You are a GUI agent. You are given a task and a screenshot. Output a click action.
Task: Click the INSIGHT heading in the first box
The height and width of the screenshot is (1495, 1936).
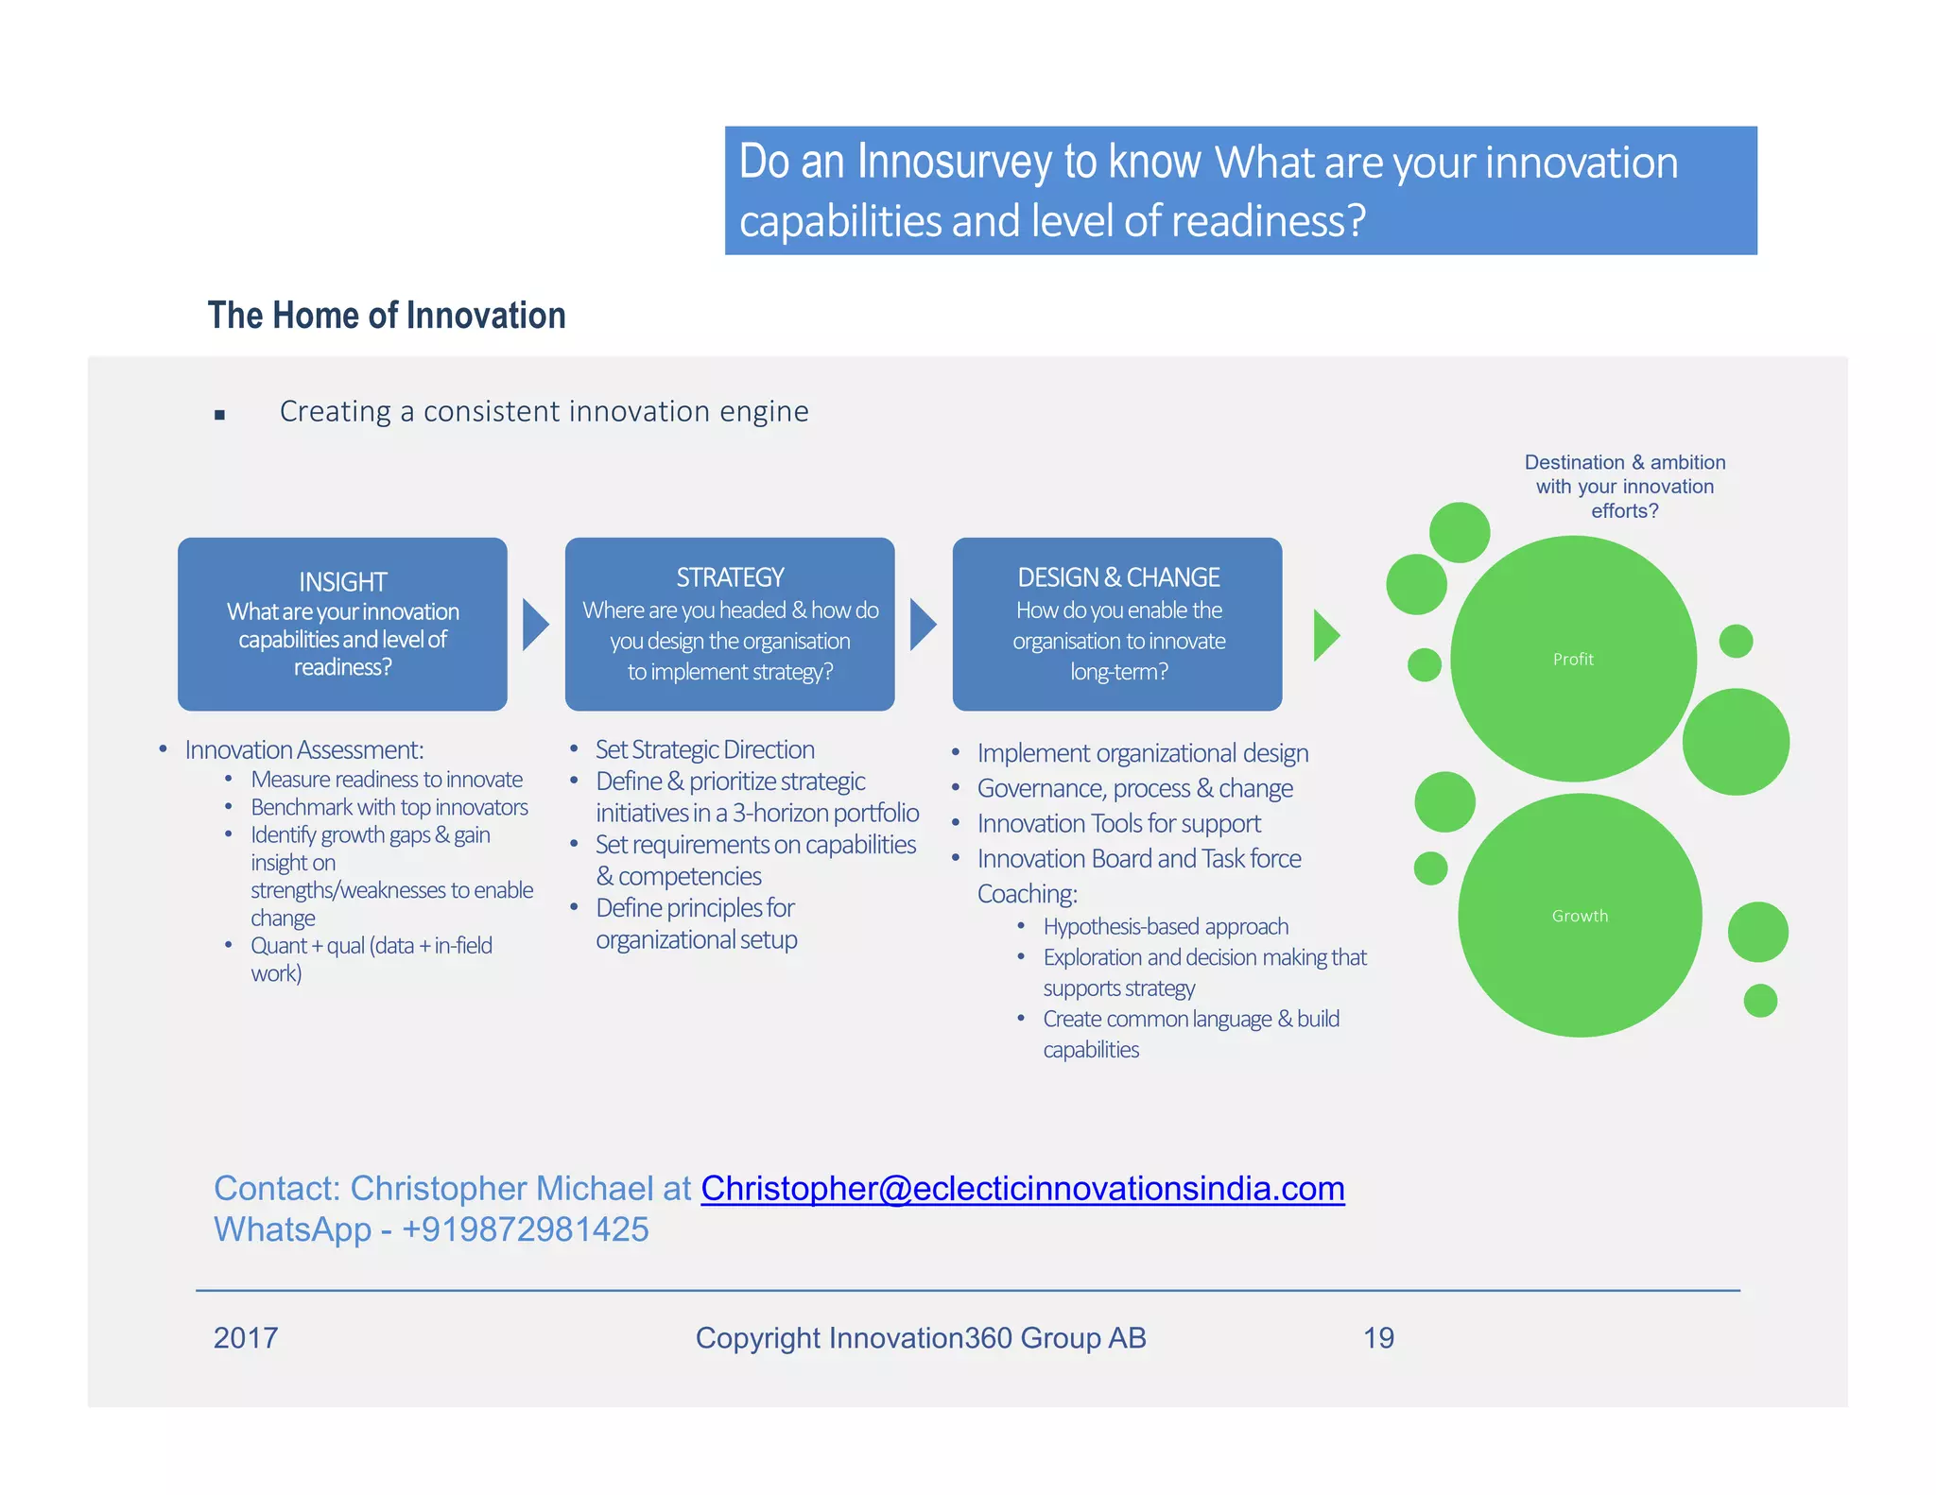coord(342,581)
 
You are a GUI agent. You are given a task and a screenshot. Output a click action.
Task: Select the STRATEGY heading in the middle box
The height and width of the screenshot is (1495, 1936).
coord(730,576)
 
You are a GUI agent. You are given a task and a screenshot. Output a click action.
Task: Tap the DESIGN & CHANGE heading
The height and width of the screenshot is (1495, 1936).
coord(1118,576)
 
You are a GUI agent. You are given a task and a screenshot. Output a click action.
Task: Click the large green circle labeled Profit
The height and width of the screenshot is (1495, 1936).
coord(1573,659)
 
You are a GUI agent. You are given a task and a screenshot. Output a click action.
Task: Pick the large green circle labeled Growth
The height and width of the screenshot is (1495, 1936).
coord(1579,915)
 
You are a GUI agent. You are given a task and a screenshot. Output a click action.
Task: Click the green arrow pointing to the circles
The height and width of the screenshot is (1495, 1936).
coord(1325,635)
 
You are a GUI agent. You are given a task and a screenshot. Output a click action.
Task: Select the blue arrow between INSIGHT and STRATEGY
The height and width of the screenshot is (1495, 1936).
coord(535,625)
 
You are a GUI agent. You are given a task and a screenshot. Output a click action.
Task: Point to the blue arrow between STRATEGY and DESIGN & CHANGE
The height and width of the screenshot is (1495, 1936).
coord(922,625)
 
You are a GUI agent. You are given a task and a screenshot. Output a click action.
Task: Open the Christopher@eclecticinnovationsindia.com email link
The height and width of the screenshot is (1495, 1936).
coord(1022,1188)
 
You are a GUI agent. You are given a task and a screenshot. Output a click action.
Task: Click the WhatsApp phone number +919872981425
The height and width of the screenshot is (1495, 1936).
coord(525,1229)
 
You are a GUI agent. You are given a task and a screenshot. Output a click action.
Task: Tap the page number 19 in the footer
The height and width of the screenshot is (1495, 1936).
coord(1378,1338)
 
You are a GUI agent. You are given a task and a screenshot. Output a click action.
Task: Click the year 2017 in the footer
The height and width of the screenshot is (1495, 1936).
coord(246,1338)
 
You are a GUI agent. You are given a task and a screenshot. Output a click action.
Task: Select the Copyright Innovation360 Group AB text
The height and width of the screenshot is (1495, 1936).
coord(921,1338)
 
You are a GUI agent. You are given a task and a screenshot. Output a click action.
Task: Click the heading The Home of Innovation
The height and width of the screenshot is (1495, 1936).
coord(387,316)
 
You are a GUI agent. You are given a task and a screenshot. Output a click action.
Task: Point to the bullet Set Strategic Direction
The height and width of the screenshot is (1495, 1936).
coord(704,749)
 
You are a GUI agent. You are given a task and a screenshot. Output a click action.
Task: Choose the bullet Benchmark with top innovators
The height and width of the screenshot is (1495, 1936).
coord(389,807)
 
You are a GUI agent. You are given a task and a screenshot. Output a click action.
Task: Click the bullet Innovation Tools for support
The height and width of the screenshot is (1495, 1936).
coord(1118,823)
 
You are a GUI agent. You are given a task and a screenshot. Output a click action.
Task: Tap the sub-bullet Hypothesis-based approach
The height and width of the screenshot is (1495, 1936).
coord(1166,926)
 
